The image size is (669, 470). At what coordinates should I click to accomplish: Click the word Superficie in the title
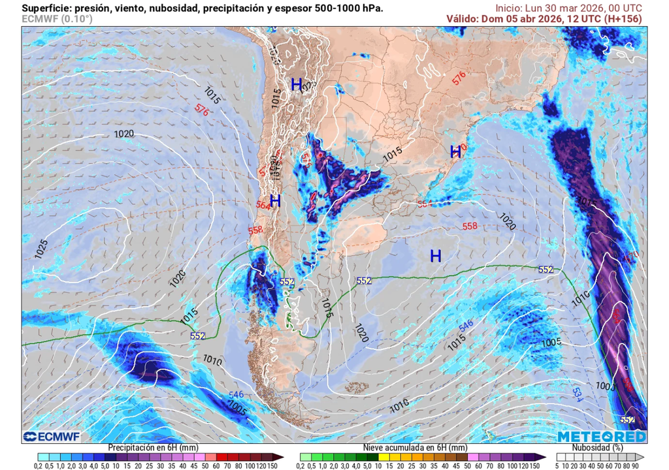coord(46,8)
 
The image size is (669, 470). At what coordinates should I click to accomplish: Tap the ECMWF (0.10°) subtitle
coord(57,19)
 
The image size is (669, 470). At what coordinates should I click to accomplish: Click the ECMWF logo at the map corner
coord(50,436)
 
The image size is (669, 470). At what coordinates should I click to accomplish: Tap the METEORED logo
coord(601,436)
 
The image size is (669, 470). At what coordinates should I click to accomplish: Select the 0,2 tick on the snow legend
coord(301,466)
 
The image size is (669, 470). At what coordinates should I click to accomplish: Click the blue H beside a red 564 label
coord(275,201)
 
